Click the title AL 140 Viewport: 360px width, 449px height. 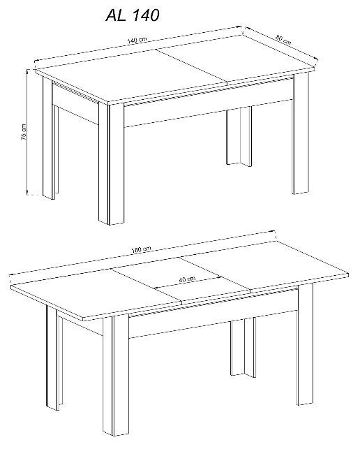tap(133, 15)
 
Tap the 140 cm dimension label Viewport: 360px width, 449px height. tap(137, 40)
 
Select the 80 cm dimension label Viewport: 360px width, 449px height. tap(283, 40)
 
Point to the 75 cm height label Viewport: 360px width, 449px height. tap(24, 132)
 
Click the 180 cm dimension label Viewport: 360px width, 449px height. tap(141, 250)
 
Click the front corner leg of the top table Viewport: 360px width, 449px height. tap(112, 164)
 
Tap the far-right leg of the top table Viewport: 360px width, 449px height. tap(301, 133)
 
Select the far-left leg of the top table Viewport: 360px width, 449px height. tap(50, 138)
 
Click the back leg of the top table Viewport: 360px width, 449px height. tap(239, 136)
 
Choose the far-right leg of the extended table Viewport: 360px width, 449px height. tap(305, 344)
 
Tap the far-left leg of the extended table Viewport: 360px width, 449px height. tap(54, 357)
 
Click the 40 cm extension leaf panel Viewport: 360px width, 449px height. tap(181, 279)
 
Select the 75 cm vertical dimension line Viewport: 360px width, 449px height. tap(27, 132)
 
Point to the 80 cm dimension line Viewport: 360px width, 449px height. tap(280, 43)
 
